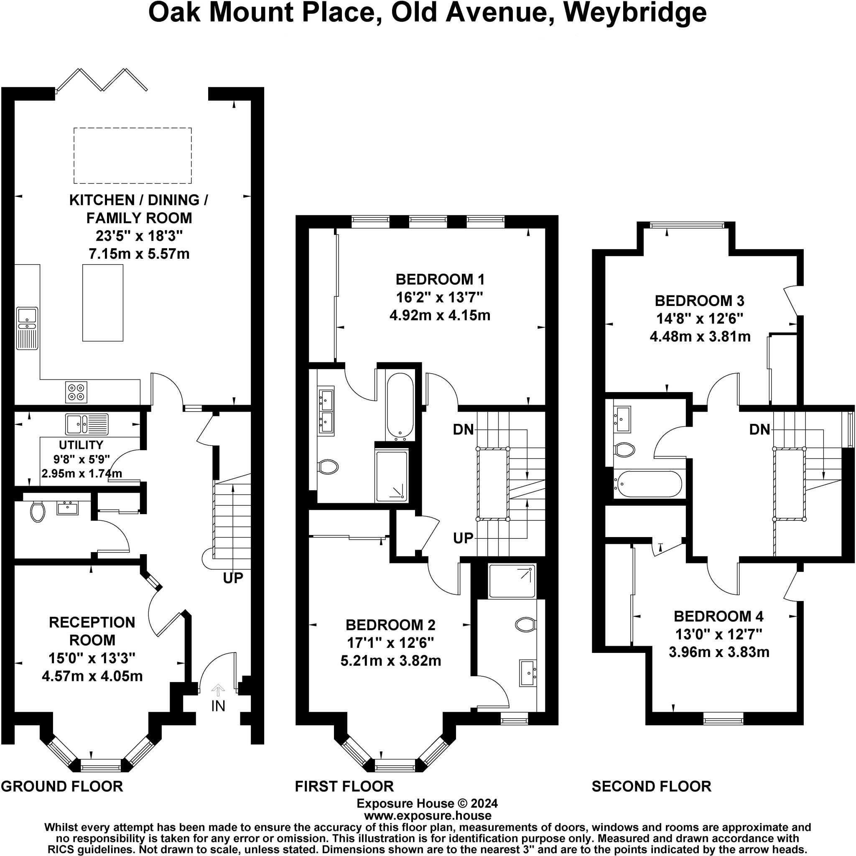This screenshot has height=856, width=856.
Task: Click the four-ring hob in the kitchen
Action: [76, 392]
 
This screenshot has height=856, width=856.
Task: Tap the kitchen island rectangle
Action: [103, 303]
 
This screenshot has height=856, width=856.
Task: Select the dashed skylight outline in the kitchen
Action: [132, 155]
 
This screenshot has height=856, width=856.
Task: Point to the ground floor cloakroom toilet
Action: [38, 512]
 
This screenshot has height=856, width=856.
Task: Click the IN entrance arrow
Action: [218, 690]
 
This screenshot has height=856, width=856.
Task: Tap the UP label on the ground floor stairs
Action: [233, 577]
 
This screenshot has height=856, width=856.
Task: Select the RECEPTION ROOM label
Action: [92, 631]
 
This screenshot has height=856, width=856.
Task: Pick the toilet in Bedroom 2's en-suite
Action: [525, 624]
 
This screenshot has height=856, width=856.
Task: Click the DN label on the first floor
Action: [464, 429]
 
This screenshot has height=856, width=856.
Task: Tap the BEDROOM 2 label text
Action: [390, 625]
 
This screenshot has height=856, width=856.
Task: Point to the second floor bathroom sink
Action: [622, 419]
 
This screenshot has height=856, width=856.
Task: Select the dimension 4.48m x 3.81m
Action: [700, 337]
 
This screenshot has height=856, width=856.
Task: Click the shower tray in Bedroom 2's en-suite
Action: [512, 581]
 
